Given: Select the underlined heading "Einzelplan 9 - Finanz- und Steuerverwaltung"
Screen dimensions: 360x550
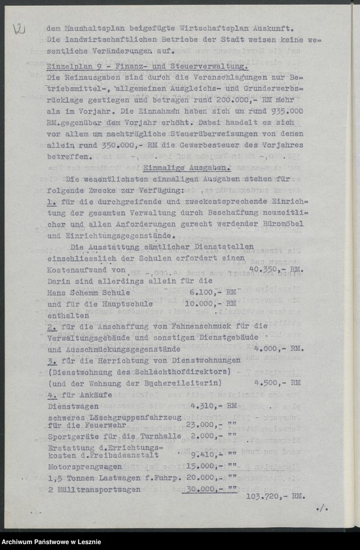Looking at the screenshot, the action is coord(147,67).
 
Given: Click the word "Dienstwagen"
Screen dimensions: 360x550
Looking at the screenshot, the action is coord(69,405).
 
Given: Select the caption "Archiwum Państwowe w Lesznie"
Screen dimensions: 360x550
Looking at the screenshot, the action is coord(50,543).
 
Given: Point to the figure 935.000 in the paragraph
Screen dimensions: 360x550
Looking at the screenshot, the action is coord(283,111).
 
